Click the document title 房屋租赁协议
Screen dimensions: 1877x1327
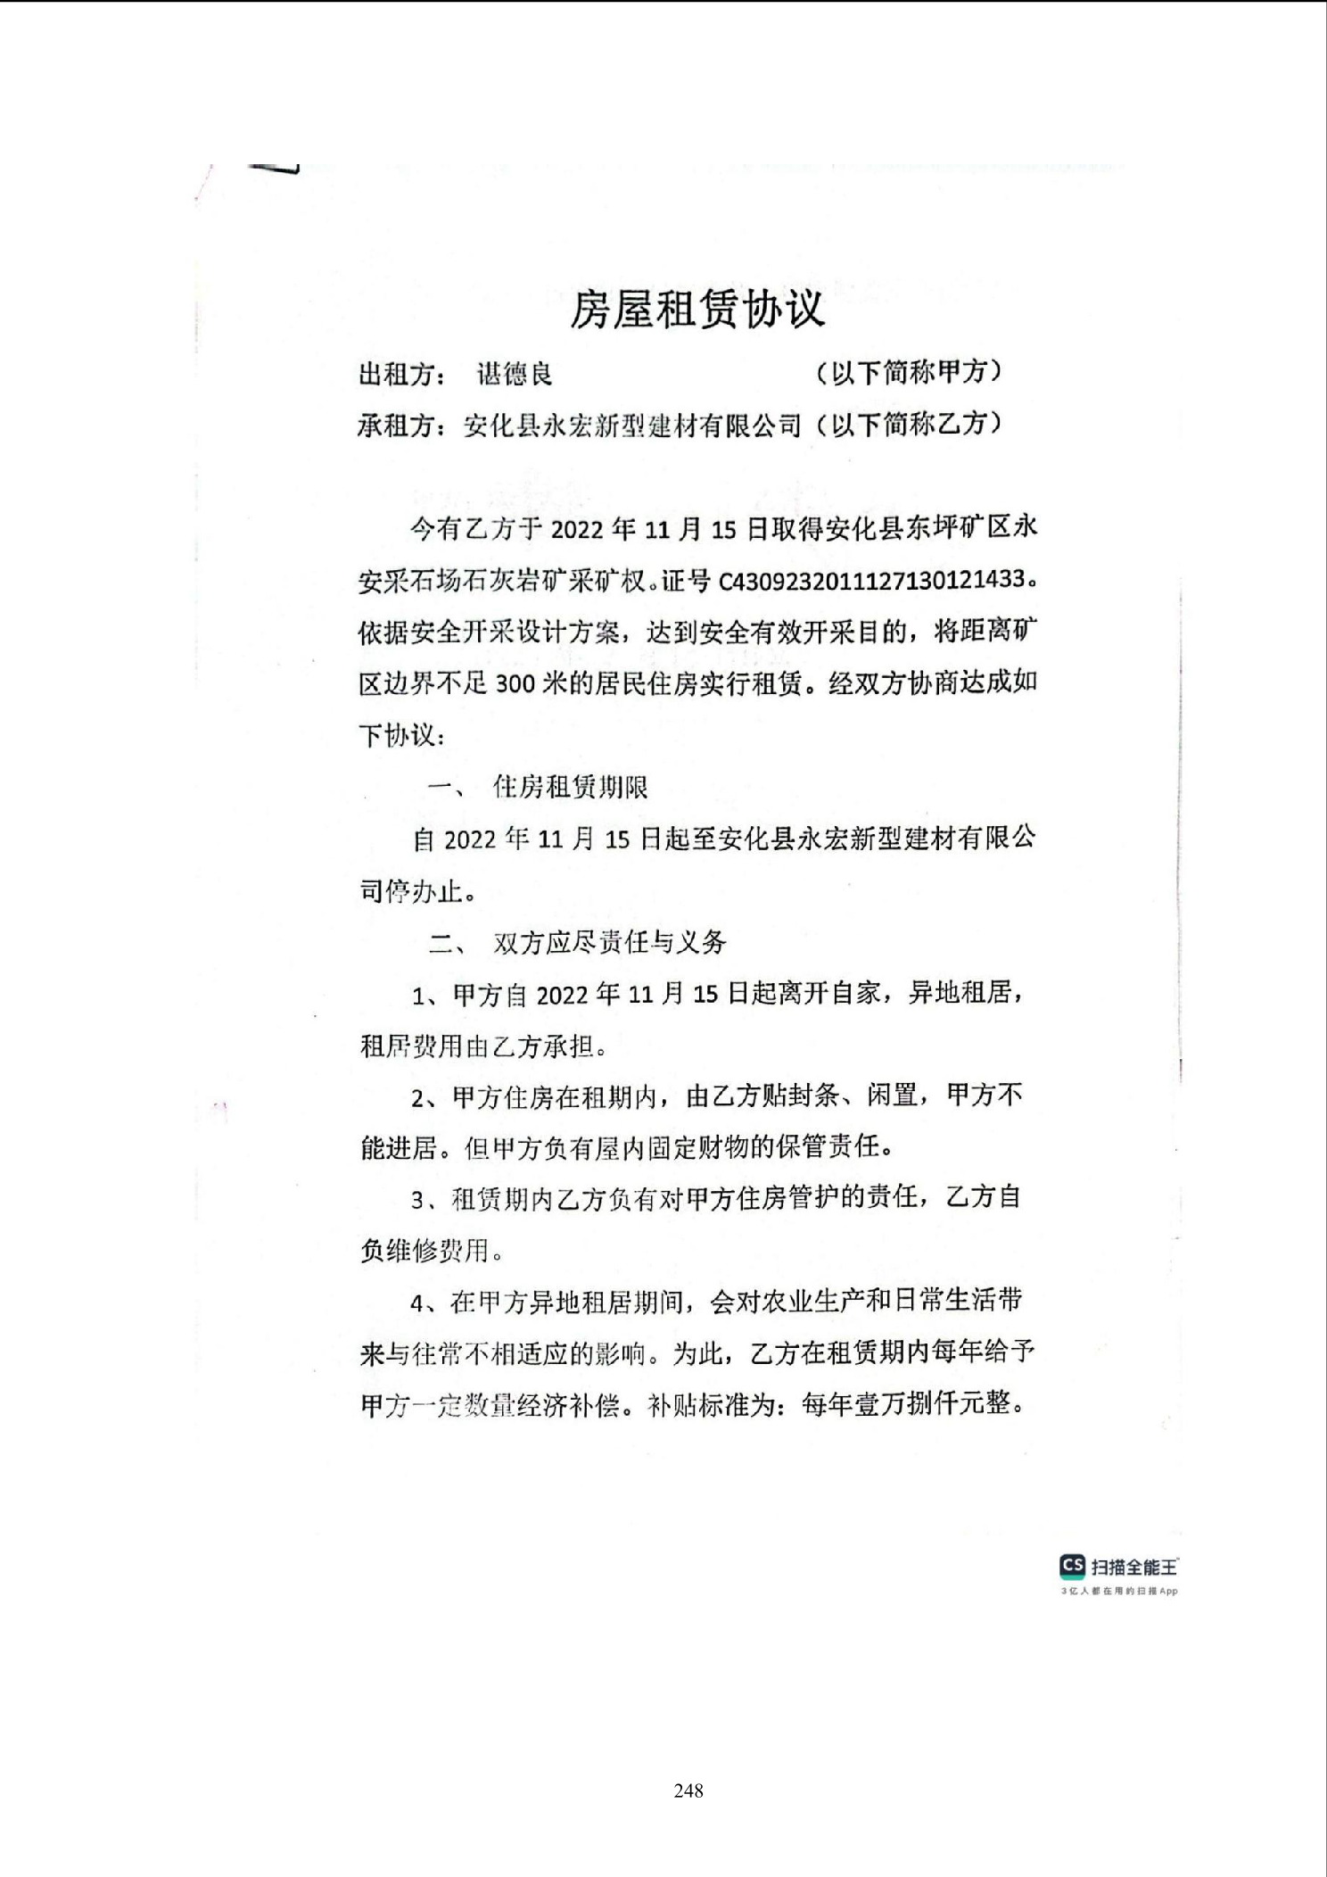point(696,310)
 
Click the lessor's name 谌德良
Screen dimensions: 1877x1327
point(515,374)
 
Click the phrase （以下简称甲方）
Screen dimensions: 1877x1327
point(908,373)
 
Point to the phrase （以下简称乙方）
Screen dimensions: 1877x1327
point(908,425)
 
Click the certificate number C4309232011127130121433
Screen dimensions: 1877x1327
point(871,581)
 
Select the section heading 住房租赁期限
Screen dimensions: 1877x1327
point(570,787)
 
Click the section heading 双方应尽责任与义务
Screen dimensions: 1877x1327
point(610,942)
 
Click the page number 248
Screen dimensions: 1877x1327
point(688,1790)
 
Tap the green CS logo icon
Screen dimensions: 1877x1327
point(1071,1566)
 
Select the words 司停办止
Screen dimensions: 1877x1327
point(411,891)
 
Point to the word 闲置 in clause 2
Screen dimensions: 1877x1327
point(892,1096)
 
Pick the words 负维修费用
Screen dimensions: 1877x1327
point(424,1251)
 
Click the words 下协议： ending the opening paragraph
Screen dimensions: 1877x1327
point(401,736)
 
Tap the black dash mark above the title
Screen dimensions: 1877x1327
point(274,170)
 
